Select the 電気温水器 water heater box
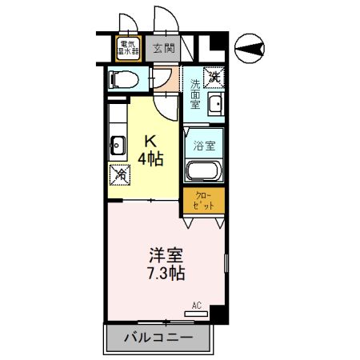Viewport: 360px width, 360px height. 128,48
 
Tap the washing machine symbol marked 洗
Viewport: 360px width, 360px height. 214,78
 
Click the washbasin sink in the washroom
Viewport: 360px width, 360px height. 214,105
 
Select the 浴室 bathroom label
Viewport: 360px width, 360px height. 204,146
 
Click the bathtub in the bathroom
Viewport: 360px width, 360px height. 204,170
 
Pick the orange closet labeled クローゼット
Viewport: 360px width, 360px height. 203,200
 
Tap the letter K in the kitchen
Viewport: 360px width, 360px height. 150,141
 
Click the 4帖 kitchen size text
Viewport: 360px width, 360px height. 150,158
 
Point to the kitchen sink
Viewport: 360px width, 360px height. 118,146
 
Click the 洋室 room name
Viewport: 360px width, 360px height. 166,256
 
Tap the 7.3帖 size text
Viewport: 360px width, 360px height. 166,274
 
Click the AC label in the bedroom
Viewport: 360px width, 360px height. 197,305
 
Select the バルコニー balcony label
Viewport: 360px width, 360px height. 158,338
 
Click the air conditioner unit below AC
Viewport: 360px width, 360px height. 197,314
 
